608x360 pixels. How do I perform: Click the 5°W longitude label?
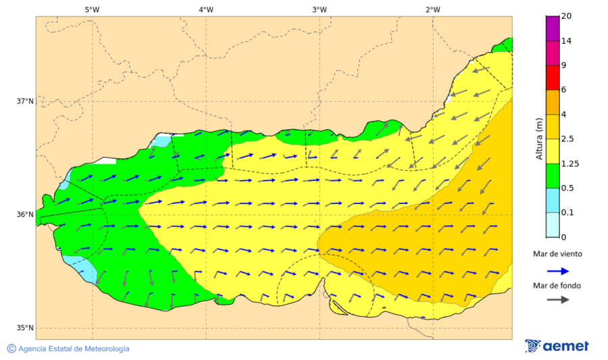pos(93,9)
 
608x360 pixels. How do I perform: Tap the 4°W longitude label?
pos(206,9)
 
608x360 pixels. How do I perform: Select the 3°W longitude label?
pos(320,9)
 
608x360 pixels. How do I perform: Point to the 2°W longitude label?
pos(433,9)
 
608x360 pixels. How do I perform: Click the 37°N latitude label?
pos(25,101)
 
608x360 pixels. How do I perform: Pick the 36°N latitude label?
pos(25,215)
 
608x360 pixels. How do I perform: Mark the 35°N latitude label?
pos(25,328)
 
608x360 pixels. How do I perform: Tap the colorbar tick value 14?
pos(567,41)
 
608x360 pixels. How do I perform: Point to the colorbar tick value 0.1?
pos(567,212)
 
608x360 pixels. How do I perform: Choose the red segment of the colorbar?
pos(553,78)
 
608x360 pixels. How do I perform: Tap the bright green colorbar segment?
pos(553,176)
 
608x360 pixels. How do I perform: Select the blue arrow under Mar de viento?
pos(557,270)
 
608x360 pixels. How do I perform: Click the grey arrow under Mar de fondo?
pos(557,300)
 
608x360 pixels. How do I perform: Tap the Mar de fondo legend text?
pos(557,285)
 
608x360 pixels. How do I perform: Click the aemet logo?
pos(557,346)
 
